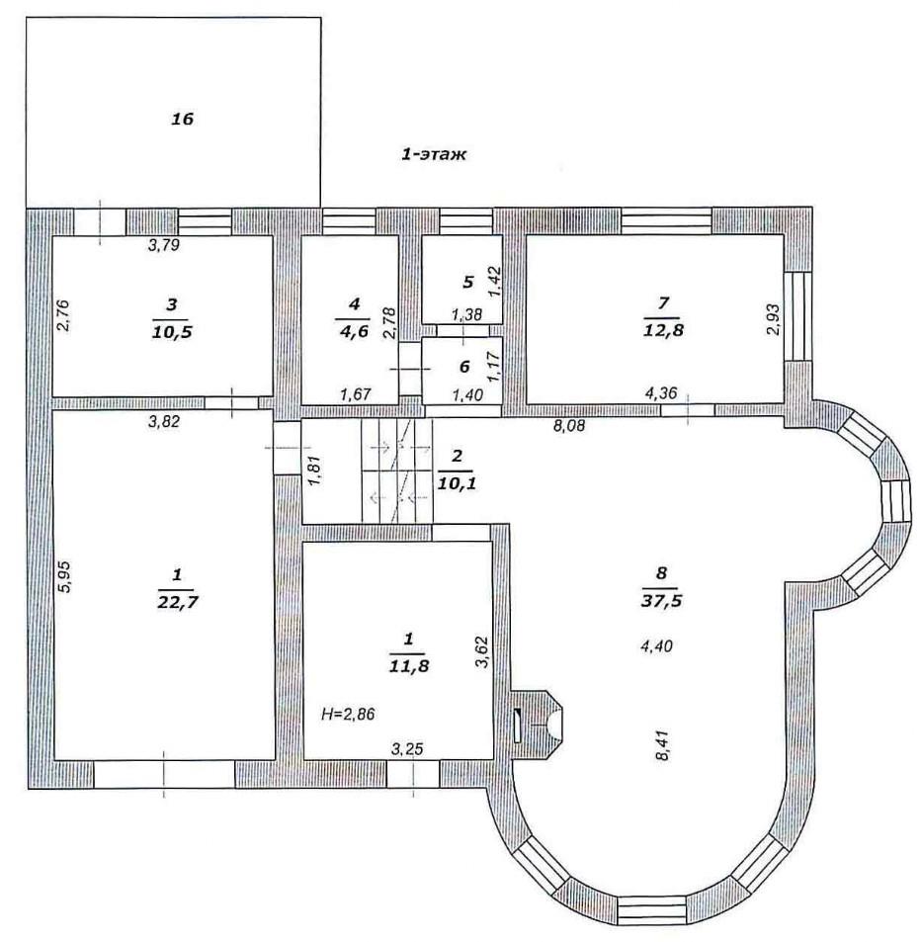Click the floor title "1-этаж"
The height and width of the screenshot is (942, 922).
(x=433, y=154)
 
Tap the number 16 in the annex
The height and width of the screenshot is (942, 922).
(x=183, y=119)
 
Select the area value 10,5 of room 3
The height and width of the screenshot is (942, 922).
(x=172, y=331)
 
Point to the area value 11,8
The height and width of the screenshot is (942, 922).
(x=409, y=665)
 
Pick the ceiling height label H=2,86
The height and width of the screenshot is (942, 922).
(x=349, y=715)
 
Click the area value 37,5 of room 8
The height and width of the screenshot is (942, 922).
(x=661, y=601)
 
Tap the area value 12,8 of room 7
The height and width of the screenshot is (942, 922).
(x=663, y=330)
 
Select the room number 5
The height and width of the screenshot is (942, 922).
(x=467, y=281)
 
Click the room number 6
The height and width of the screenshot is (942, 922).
(x=463, y=367)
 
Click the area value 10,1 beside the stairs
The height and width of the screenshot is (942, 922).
(x=458, y=482)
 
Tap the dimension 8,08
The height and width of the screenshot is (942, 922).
(x=569, y=426)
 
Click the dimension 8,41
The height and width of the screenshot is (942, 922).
(x=665, y=745)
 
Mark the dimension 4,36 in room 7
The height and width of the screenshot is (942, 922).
(x=661, y=393)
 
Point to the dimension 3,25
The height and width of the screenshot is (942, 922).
(x=407, y=749)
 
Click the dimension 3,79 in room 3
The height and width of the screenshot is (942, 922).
(x=164, y=244)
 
